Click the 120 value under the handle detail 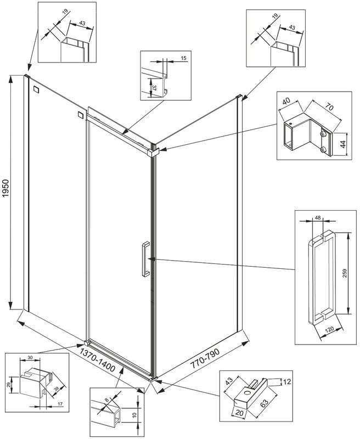(x=329, y=330)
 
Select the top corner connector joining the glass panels (x=154, y=150)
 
